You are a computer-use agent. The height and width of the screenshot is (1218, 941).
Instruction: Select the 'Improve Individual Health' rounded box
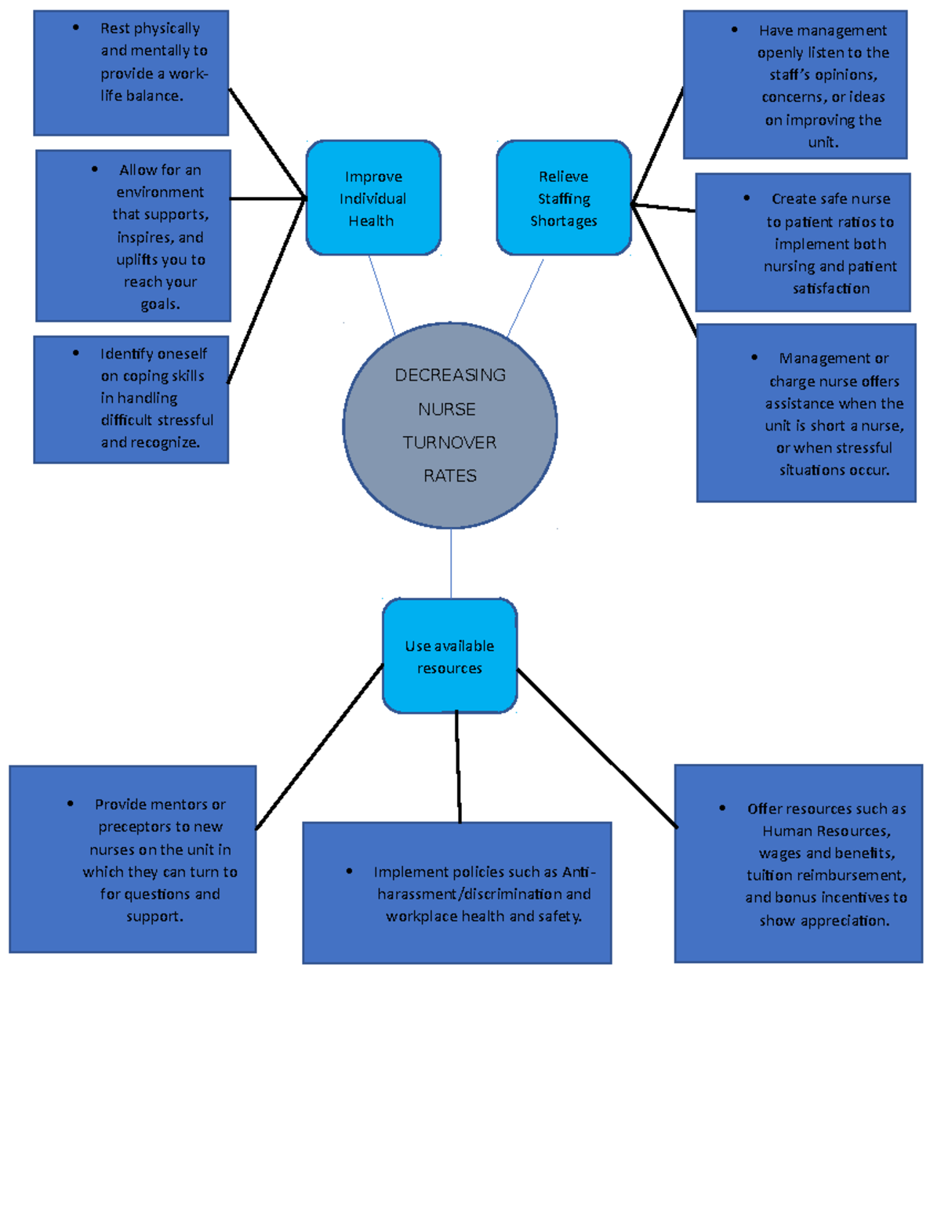tap(373, 198)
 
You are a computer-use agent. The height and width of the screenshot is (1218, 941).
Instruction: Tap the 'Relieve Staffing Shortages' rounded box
tap(564, 198)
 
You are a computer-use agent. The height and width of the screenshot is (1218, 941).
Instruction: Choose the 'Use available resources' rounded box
tap(449, 656)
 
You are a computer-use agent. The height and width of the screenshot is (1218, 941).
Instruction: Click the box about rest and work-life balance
tap(131, 73)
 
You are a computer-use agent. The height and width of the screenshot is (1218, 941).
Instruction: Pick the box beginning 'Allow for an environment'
tap(133, 236)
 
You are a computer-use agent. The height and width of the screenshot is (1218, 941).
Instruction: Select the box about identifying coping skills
tap(131, 400)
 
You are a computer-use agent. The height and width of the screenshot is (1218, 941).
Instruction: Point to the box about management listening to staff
tap(795, 85)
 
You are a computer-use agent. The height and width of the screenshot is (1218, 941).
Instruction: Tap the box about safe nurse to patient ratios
tap(803, 243)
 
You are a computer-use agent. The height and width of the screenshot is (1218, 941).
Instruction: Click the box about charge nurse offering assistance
tap(806, 413)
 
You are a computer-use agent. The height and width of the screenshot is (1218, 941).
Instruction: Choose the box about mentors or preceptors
tap(133, 860)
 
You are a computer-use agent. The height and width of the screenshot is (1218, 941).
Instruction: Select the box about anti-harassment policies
tap(457, 893)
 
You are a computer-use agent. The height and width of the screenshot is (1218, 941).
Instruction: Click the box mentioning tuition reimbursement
tap(798, 864)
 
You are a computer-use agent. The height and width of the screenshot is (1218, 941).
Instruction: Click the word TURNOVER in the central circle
tap(449, 443)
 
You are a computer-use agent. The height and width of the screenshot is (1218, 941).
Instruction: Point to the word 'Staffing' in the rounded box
tap(564, 199)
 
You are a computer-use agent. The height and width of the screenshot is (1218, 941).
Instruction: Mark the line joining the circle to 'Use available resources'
tap(451, 563)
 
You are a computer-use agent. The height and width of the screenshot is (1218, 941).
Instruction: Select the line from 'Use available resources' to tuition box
tap(596, 747)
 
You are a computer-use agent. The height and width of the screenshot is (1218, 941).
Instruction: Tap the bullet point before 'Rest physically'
tap(76, 27)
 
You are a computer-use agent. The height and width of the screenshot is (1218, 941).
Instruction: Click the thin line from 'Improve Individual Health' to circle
tap(382, 296)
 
